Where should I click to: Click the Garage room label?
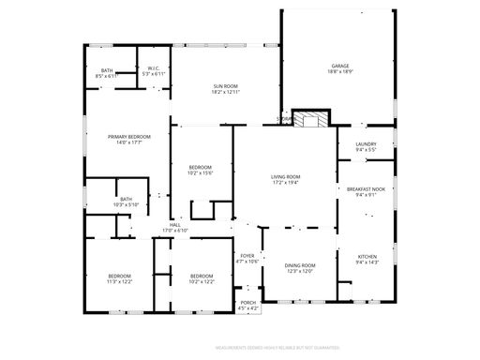[338, 66]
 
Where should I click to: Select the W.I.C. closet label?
[154, 68]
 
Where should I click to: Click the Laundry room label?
[366, 143]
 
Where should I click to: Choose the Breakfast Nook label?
[365, 189]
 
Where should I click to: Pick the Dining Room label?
[300, 265]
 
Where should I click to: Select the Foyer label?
[247, 254]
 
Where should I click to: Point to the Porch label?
[247, 302]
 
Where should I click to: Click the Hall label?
[175, 225]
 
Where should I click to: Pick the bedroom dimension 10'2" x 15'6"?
[201, 172]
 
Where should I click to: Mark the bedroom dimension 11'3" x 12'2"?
[119, 281]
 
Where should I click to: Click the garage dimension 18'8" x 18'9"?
[338, 71]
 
